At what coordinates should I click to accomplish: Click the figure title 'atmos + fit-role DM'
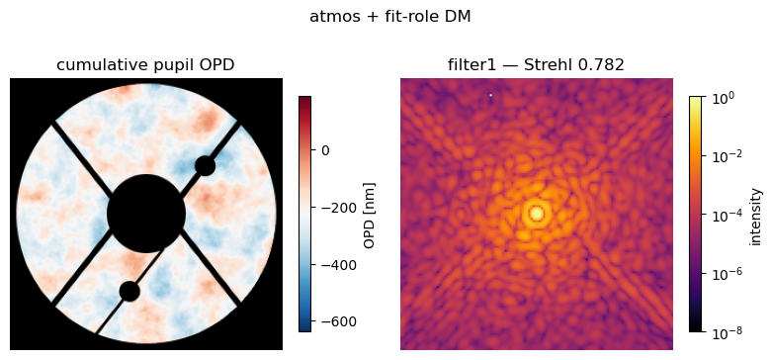tap(389, 17)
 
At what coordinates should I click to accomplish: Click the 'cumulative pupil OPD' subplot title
tap(145, 65)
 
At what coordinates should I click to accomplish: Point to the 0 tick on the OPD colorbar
tap(325, 150)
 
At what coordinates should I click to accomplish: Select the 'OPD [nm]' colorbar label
tap(369, 215)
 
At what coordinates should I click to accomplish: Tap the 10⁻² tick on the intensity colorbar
tap(725, 157)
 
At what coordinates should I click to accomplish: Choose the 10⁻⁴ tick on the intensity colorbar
tap(725, 216)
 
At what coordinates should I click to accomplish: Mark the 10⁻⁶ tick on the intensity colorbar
tap(725, 274)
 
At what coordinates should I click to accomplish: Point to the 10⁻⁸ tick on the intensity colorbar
tap(725, 332)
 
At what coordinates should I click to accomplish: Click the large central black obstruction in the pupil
tap(146, 214)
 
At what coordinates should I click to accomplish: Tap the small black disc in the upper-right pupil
tap(205, 166)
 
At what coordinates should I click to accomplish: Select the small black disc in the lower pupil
tap(129, 291)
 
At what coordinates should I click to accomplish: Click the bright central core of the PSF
tap(536, 214)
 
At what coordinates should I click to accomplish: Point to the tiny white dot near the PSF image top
tap(491, 95)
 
